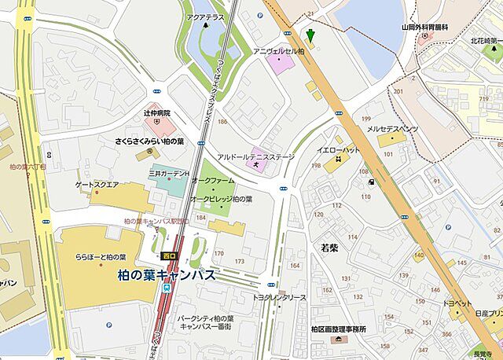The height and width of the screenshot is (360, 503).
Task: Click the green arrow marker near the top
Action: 310,35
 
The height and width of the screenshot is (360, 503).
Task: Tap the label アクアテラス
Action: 206,15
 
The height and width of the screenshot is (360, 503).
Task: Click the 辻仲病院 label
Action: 156,113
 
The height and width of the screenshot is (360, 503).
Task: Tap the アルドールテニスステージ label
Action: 255,156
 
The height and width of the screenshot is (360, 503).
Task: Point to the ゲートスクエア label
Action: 97,185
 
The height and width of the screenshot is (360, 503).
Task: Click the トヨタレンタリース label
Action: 279,298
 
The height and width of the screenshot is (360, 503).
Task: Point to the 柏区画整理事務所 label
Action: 338,329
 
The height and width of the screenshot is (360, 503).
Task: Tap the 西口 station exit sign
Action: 167,256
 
